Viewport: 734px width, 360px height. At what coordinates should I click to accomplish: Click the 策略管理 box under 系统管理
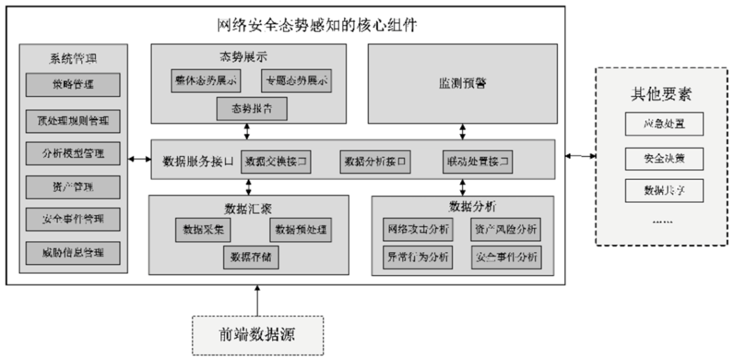click(x=73, y=86)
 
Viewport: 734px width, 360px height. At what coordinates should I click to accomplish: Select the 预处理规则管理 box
click(x=73, y=122)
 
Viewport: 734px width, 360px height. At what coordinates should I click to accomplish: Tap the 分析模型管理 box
click(x=73, y=153)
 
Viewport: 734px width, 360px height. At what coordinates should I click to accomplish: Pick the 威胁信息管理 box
click(x=73, y=253)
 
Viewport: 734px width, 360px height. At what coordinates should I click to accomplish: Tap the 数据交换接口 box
click(x=276, y=162)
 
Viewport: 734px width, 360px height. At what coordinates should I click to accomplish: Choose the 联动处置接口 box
click(x=476, y=162)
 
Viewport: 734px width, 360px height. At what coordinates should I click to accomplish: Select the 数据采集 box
click(x=203, y=230)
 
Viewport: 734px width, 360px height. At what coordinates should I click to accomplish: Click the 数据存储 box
click(x=251, y=257)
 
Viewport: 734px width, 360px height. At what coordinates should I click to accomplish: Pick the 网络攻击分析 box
click(x=416, y=230)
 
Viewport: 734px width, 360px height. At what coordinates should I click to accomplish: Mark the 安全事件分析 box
click(x=506, y=257)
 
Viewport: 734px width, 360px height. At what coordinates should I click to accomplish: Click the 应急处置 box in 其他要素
click(x=663, y=124)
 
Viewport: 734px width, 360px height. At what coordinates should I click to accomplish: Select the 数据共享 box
click(x=663, y=190)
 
